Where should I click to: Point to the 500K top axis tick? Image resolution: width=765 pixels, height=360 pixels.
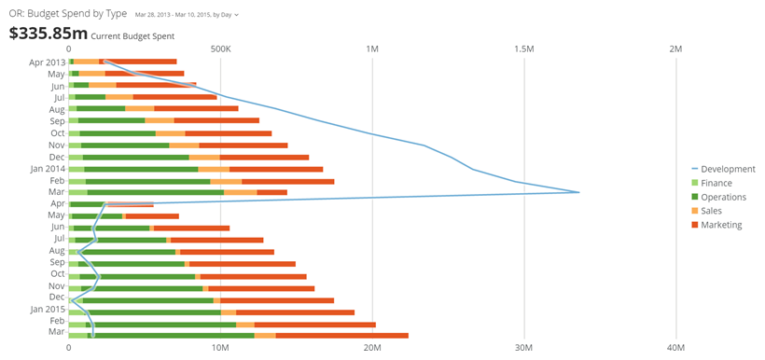point(220,48)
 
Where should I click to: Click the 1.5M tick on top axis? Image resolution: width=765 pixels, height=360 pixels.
point(524,48)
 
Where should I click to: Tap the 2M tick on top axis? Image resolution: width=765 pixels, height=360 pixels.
point(676,48)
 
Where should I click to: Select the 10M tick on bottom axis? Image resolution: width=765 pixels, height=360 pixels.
point(220,347)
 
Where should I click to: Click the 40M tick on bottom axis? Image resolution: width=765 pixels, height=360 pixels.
point(676,347)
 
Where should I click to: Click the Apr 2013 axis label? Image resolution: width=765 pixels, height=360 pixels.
point(48,62)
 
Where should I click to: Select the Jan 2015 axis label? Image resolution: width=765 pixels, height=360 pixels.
point(47,309)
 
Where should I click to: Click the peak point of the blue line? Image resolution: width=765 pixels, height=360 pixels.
point(579,192)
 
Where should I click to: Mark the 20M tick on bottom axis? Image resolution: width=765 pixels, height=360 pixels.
point(372,347)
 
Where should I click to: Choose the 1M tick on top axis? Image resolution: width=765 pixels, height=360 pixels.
point(372,48)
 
